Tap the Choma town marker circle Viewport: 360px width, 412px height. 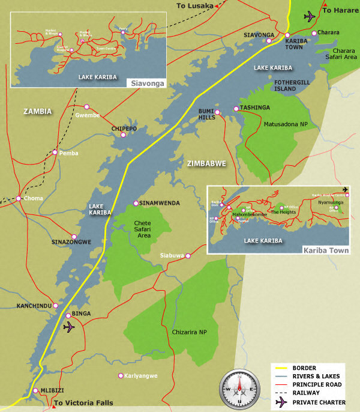point(19,198)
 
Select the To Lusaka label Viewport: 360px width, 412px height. point(195,6)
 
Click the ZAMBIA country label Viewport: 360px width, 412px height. point(38,111)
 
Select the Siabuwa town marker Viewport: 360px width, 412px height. point(188,256)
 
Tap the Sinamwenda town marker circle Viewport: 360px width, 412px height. point(136,203)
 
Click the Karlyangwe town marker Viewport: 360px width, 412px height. point(120,376)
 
